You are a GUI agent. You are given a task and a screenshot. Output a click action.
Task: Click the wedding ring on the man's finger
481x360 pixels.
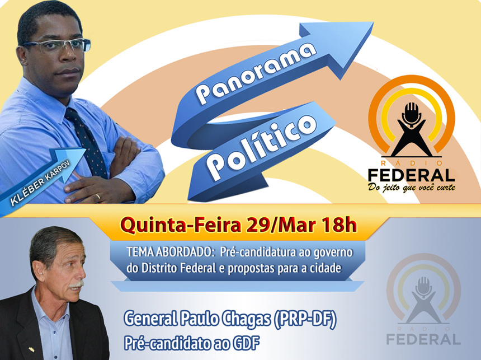pyautogui.click(x=97, y=197)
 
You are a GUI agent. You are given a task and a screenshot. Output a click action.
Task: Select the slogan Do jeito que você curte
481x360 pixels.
pyautogui.click(x=412, y=186)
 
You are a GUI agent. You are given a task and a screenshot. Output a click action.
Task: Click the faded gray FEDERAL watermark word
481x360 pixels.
pyautogui.click(x=423, y=338)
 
